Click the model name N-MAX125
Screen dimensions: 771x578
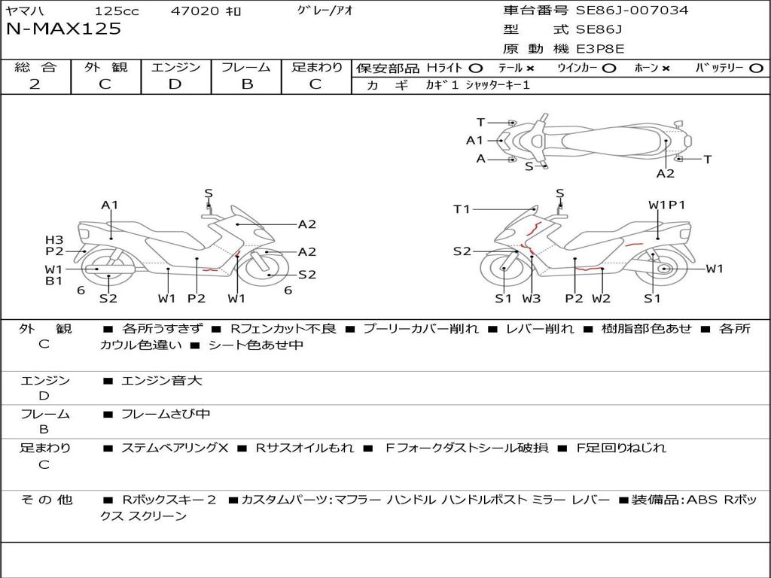[63, 29]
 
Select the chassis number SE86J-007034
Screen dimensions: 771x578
[632, 10]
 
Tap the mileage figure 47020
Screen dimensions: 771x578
[195, 11]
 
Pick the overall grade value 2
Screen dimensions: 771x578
[35, 84]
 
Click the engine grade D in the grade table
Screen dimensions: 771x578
[175, 84]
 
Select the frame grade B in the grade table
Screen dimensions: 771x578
[247, 84]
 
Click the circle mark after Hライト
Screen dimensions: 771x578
[476, 68]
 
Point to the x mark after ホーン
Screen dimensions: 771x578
[666, 68]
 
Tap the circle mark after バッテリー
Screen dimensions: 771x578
[756, 68]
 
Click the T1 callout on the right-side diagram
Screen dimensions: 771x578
[462, 209]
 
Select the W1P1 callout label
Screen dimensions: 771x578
[666, 205]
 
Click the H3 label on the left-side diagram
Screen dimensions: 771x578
[54, 240]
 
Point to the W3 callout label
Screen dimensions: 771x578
[531, 298]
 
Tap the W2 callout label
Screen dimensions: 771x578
[601, 298]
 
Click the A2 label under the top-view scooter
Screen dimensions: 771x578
[666, 174]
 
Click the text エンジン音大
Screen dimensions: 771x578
[161, 381]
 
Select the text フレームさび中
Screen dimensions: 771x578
[166, 415]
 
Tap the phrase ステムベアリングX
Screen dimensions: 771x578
[175, 448]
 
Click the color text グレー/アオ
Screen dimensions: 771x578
[325, 11]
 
